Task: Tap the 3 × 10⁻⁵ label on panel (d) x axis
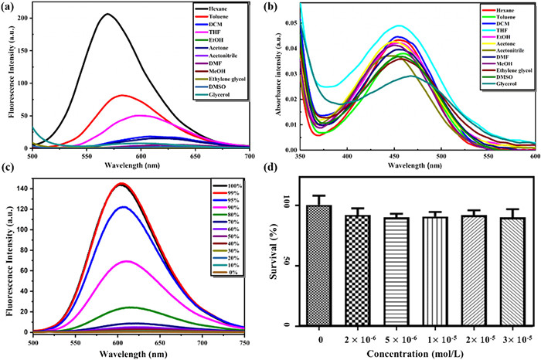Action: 512,338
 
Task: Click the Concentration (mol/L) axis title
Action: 416,352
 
